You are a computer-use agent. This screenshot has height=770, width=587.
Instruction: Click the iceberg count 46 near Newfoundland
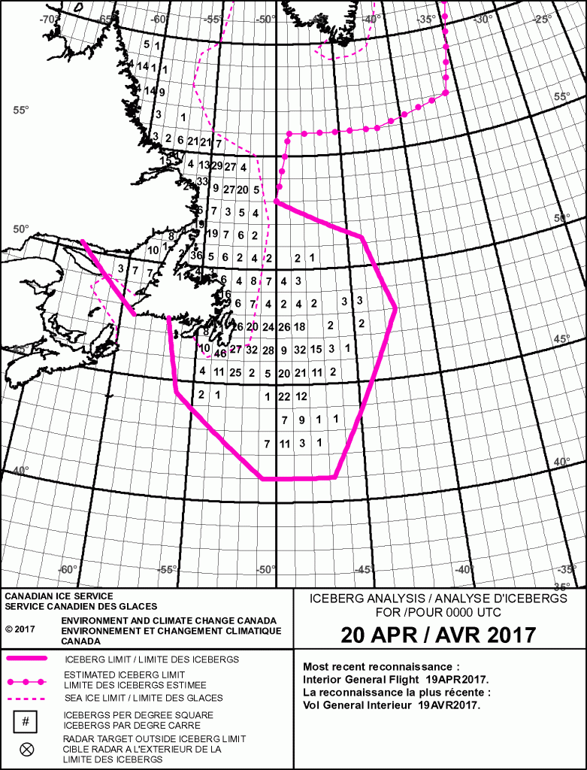(220, 353)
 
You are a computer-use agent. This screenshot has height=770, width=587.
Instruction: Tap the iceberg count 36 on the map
(197, 256)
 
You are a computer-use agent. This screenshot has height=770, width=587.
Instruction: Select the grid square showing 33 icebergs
(201, 182)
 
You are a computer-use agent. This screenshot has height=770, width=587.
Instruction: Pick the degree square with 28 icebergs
(268, 350)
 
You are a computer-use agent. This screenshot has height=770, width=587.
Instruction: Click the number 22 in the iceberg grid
(284, 396)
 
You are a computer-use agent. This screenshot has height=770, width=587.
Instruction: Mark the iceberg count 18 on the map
(300, 326)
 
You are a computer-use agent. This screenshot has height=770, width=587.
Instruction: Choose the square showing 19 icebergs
(213, 234)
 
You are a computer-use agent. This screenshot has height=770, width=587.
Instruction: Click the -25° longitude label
(543, 19)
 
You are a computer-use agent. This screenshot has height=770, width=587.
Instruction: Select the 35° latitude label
(575, 587)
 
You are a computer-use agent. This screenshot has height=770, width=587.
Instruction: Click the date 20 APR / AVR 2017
(439, 635)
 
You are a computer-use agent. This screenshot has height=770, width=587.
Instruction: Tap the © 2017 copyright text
(20, 629)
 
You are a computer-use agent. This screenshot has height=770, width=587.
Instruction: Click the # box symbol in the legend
(26, 722)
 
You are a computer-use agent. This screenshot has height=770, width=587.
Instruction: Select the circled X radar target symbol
(26, 748)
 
